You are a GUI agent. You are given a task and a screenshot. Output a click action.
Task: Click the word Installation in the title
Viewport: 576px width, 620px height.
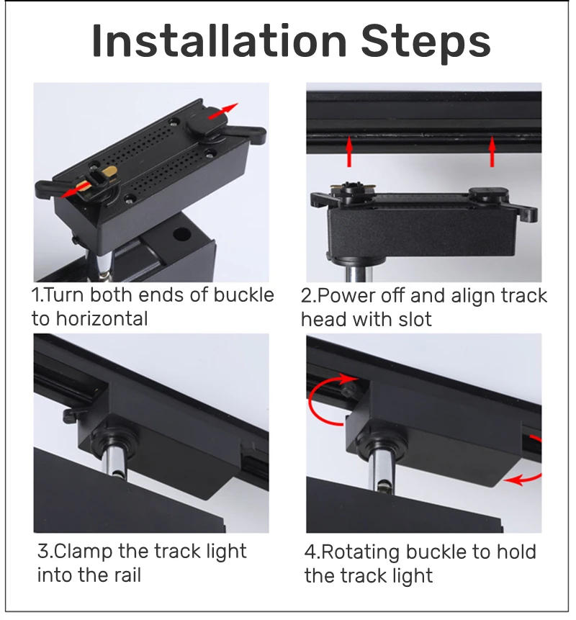coord(220,41)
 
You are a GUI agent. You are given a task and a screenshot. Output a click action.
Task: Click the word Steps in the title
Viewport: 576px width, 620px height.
coord(426,43)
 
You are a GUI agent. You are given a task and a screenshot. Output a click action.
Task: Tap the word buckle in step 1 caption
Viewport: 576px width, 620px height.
coord(243,295)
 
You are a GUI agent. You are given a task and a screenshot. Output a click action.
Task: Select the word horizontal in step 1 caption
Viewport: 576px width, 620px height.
coord(102,319)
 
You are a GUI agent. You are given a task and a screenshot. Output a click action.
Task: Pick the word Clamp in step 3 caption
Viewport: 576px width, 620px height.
coord(83,551)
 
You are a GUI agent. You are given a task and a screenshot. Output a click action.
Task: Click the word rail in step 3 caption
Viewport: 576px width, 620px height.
coord(127,575)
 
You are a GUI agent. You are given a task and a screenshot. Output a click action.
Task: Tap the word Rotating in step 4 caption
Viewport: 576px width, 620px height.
coord(360,552)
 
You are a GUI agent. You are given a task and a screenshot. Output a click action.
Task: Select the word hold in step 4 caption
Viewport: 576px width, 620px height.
coord(516,552)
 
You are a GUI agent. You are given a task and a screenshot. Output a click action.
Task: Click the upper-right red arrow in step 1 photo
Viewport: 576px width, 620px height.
coord(223,110)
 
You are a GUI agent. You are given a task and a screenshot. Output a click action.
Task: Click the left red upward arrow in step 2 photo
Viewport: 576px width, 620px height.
coord(349,151)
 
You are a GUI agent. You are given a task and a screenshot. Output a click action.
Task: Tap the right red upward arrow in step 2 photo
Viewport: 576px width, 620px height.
coord(492,151)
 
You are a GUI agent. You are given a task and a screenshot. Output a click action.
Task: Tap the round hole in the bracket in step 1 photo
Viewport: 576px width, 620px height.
coord(182,234)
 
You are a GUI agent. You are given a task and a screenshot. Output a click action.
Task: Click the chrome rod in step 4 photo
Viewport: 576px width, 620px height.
coord(382,470)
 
